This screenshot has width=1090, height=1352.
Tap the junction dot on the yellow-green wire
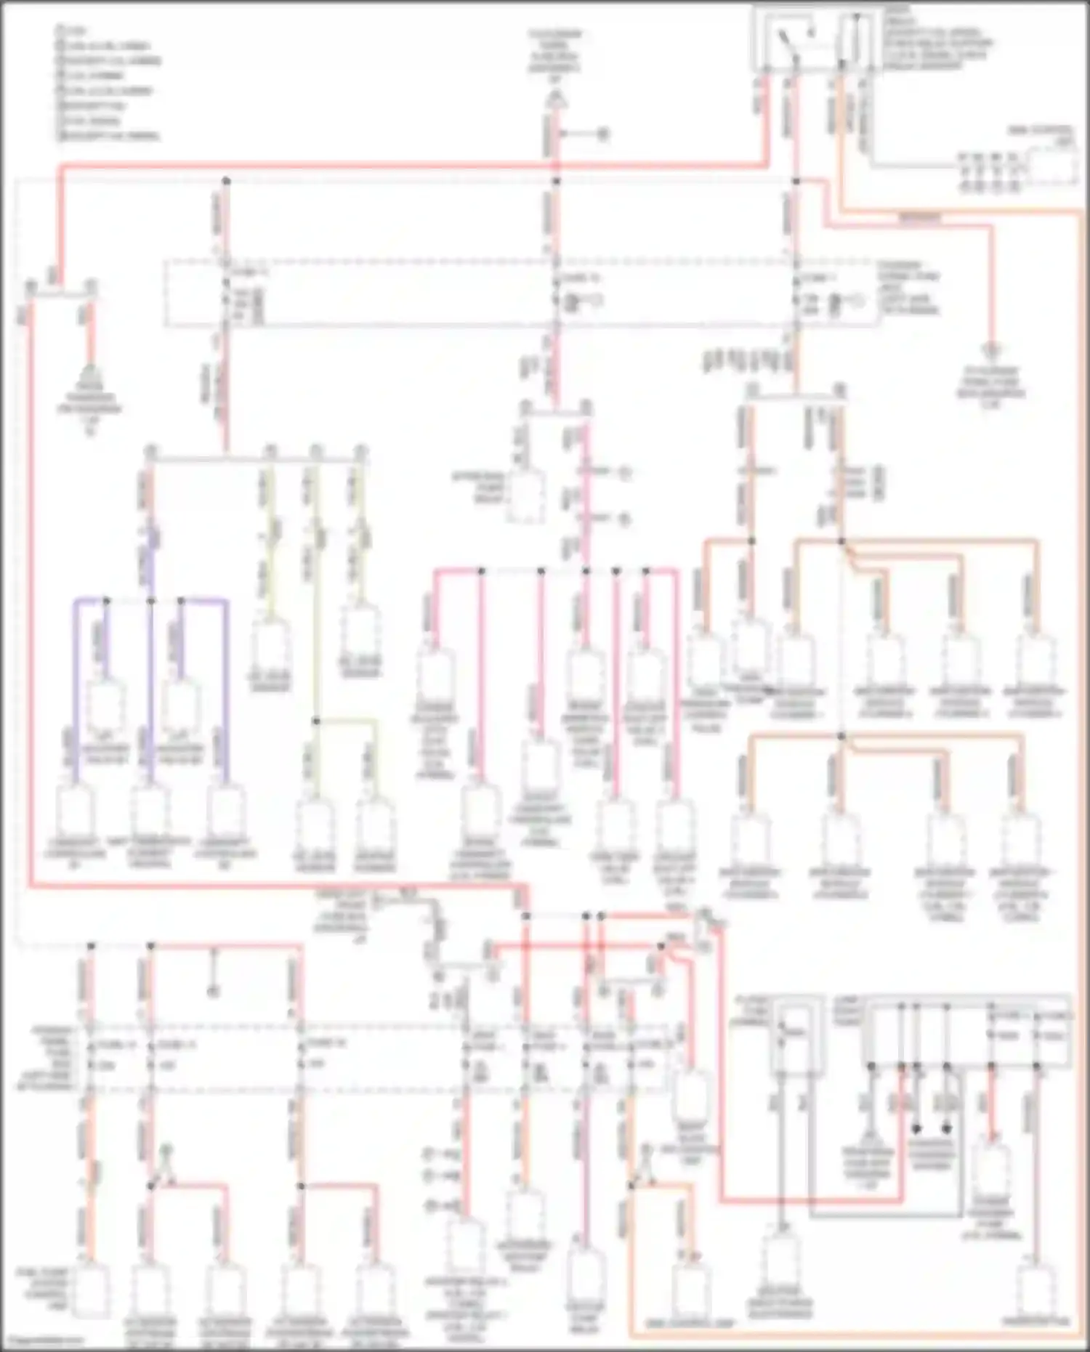pos(316,721)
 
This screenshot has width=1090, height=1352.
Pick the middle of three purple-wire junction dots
pos(151,601)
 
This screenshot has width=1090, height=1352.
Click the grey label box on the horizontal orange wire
pos(919,217)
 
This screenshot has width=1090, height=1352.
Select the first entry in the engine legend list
pos(73,31)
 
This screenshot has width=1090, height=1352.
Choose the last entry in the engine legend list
pos(109,136)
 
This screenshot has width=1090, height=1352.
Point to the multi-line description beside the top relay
pos(937,40)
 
